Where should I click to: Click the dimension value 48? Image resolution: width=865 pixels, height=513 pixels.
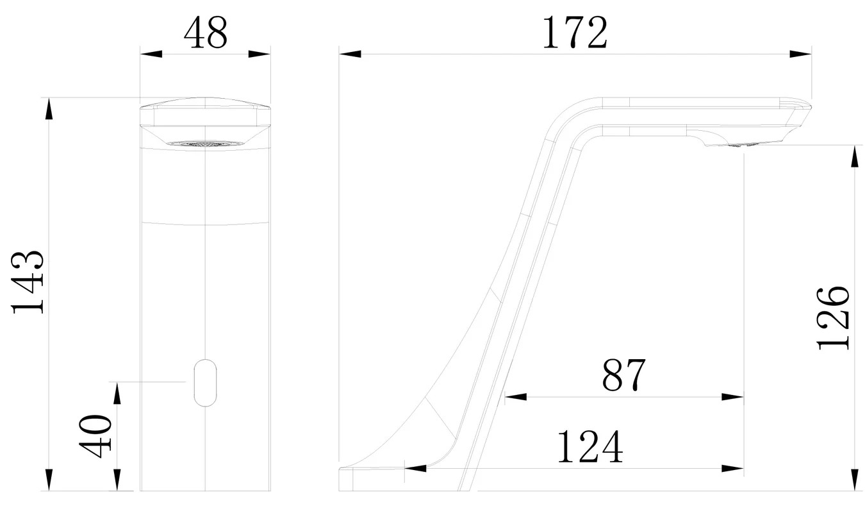pos(206,33)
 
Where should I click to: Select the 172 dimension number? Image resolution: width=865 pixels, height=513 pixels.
pos(575,33)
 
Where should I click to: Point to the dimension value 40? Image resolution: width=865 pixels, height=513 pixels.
pos(95,436)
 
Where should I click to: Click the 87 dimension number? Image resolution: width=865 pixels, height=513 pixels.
pos(623,374)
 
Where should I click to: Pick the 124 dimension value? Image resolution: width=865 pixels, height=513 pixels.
pos(589,447)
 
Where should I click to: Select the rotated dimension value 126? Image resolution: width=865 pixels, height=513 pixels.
pos(833,318)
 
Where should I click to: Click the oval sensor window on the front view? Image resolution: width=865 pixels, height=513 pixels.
pos(205,383)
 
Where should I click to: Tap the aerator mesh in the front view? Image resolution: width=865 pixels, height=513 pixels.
pos(205,144)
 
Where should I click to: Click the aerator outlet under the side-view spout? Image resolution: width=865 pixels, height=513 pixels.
pos(742,145)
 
